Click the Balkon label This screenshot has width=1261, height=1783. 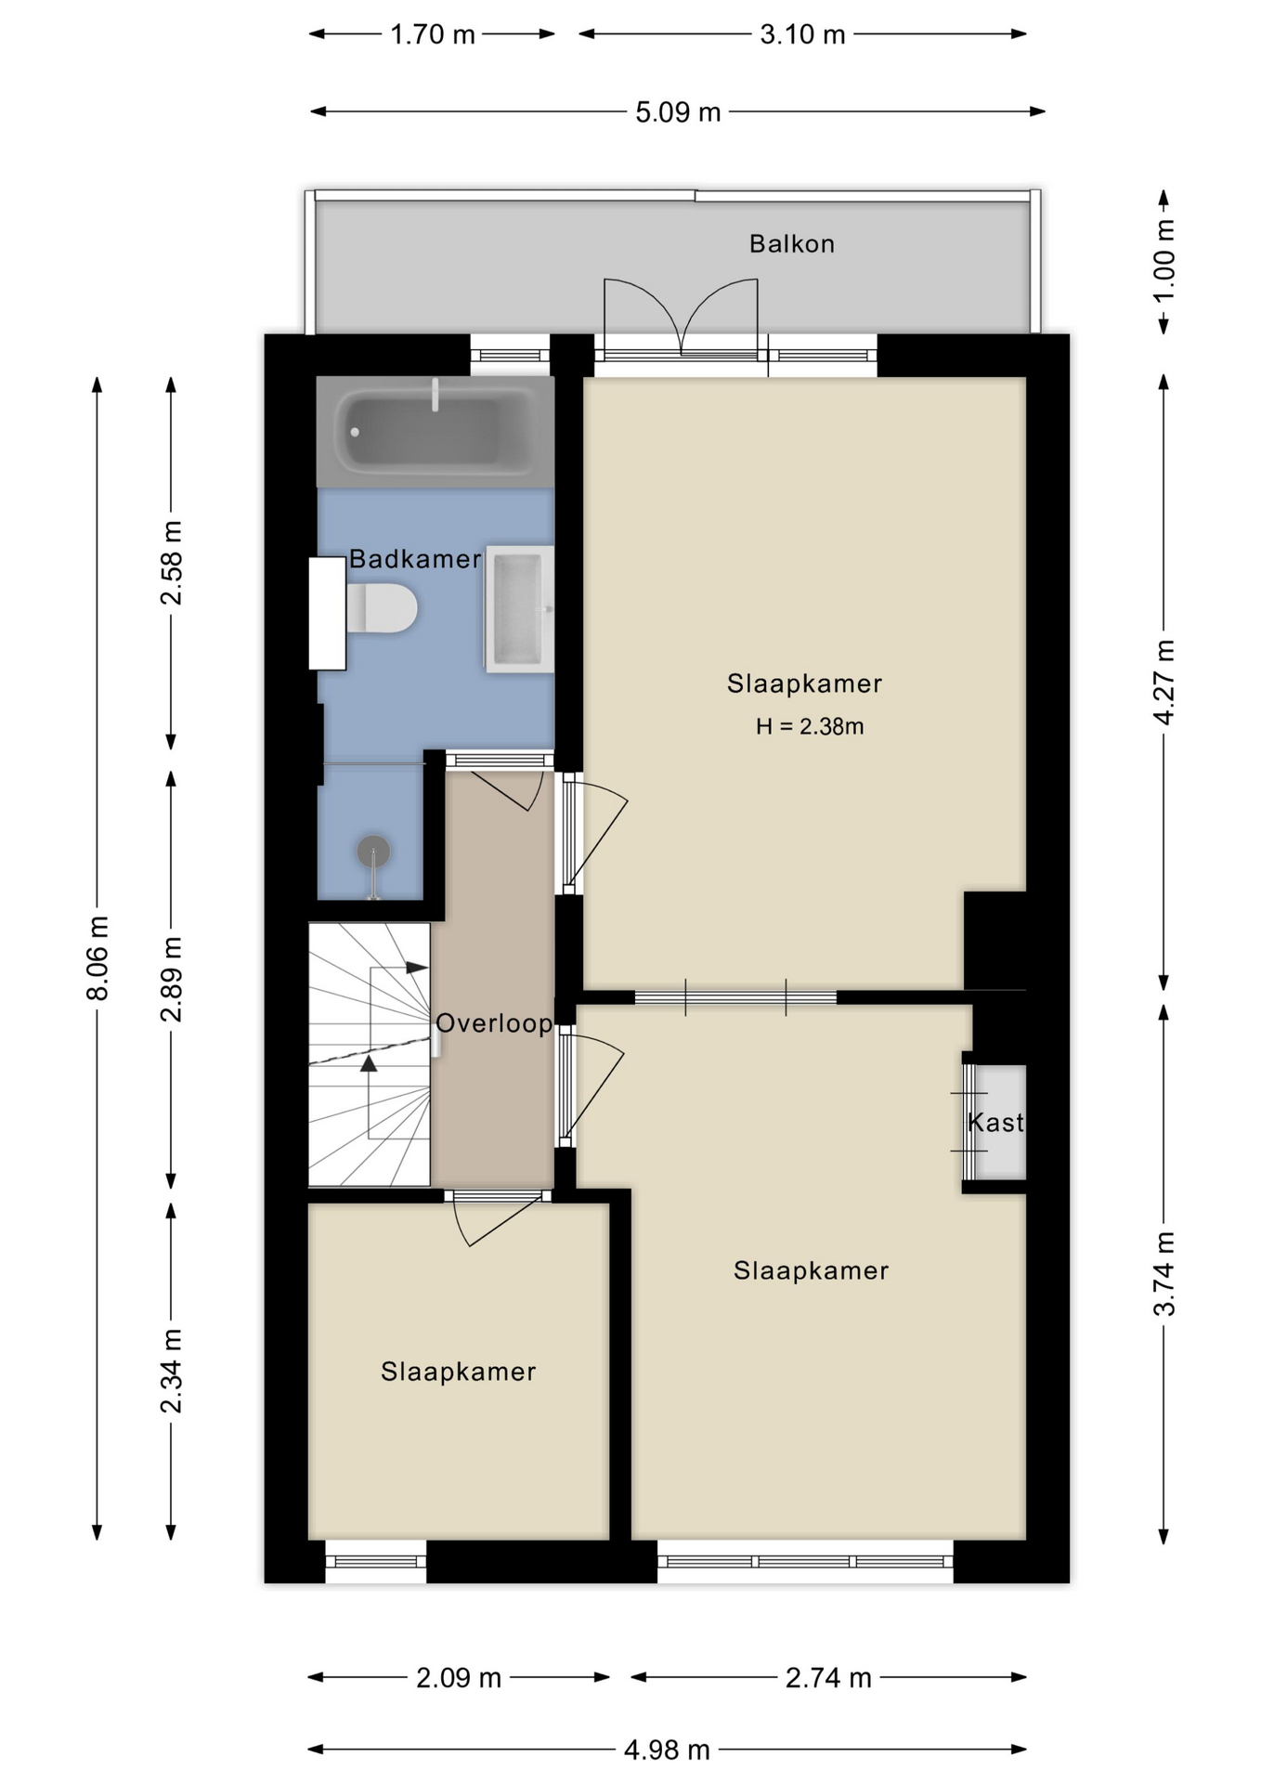pos(792,244)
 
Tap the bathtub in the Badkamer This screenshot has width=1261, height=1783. pos(435,432)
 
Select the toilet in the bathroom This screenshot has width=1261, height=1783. pos(381,608)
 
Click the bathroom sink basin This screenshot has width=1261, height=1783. pos(519,609)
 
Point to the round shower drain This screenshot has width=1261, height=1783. pos(373,851)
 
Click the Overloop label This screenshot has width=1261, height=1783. pos(494,1023)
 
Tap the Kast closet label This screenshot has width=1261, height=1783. pos(995,1123)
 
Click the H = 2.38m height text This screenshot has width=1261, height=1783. pos(810,726)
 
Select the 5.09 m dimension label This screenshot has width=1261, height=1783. pos(678,112)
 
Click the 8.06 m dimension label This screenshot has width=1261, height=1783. pos(97,957)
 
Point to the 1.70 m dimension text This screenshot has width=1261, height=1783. pos(433,34)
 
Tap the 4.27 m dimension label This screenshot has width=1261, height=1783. pos(1163,682)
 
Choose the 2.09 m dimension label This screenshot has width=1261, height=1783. pos(459,1678)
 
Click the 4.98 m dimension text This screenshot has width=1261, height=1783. pos(667,1750)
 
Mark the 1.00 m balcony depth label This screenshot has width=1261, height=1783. pos(1163,259)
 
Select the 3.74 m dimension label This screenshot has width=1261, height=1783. pos(1163,1273)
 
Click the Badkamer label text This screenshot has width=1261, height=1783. pos(415,559)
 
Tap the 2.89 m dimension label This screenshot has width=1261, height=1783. pos(172,979)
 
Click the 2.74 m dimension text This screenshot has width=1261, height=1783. pos(828,1678)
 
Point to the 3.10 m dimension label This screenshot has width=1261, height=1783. pos(802,34)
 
